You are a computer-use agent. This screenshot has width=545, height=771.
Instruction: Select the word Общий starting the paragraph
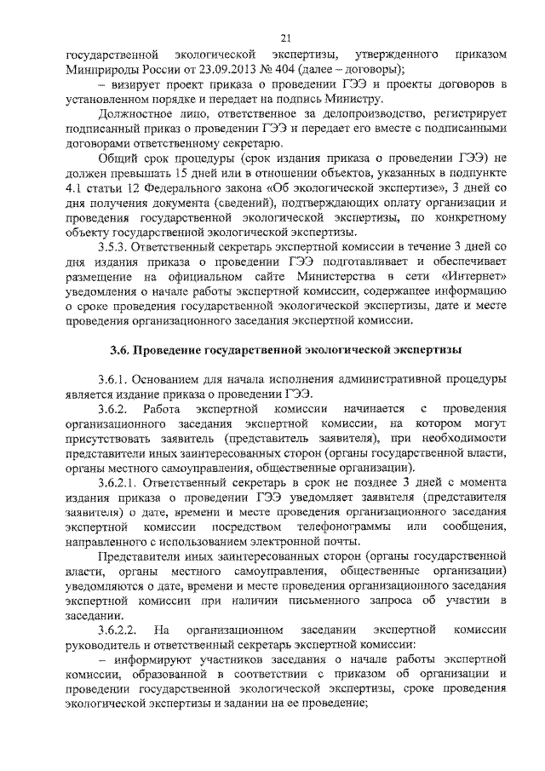[117, 167]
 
